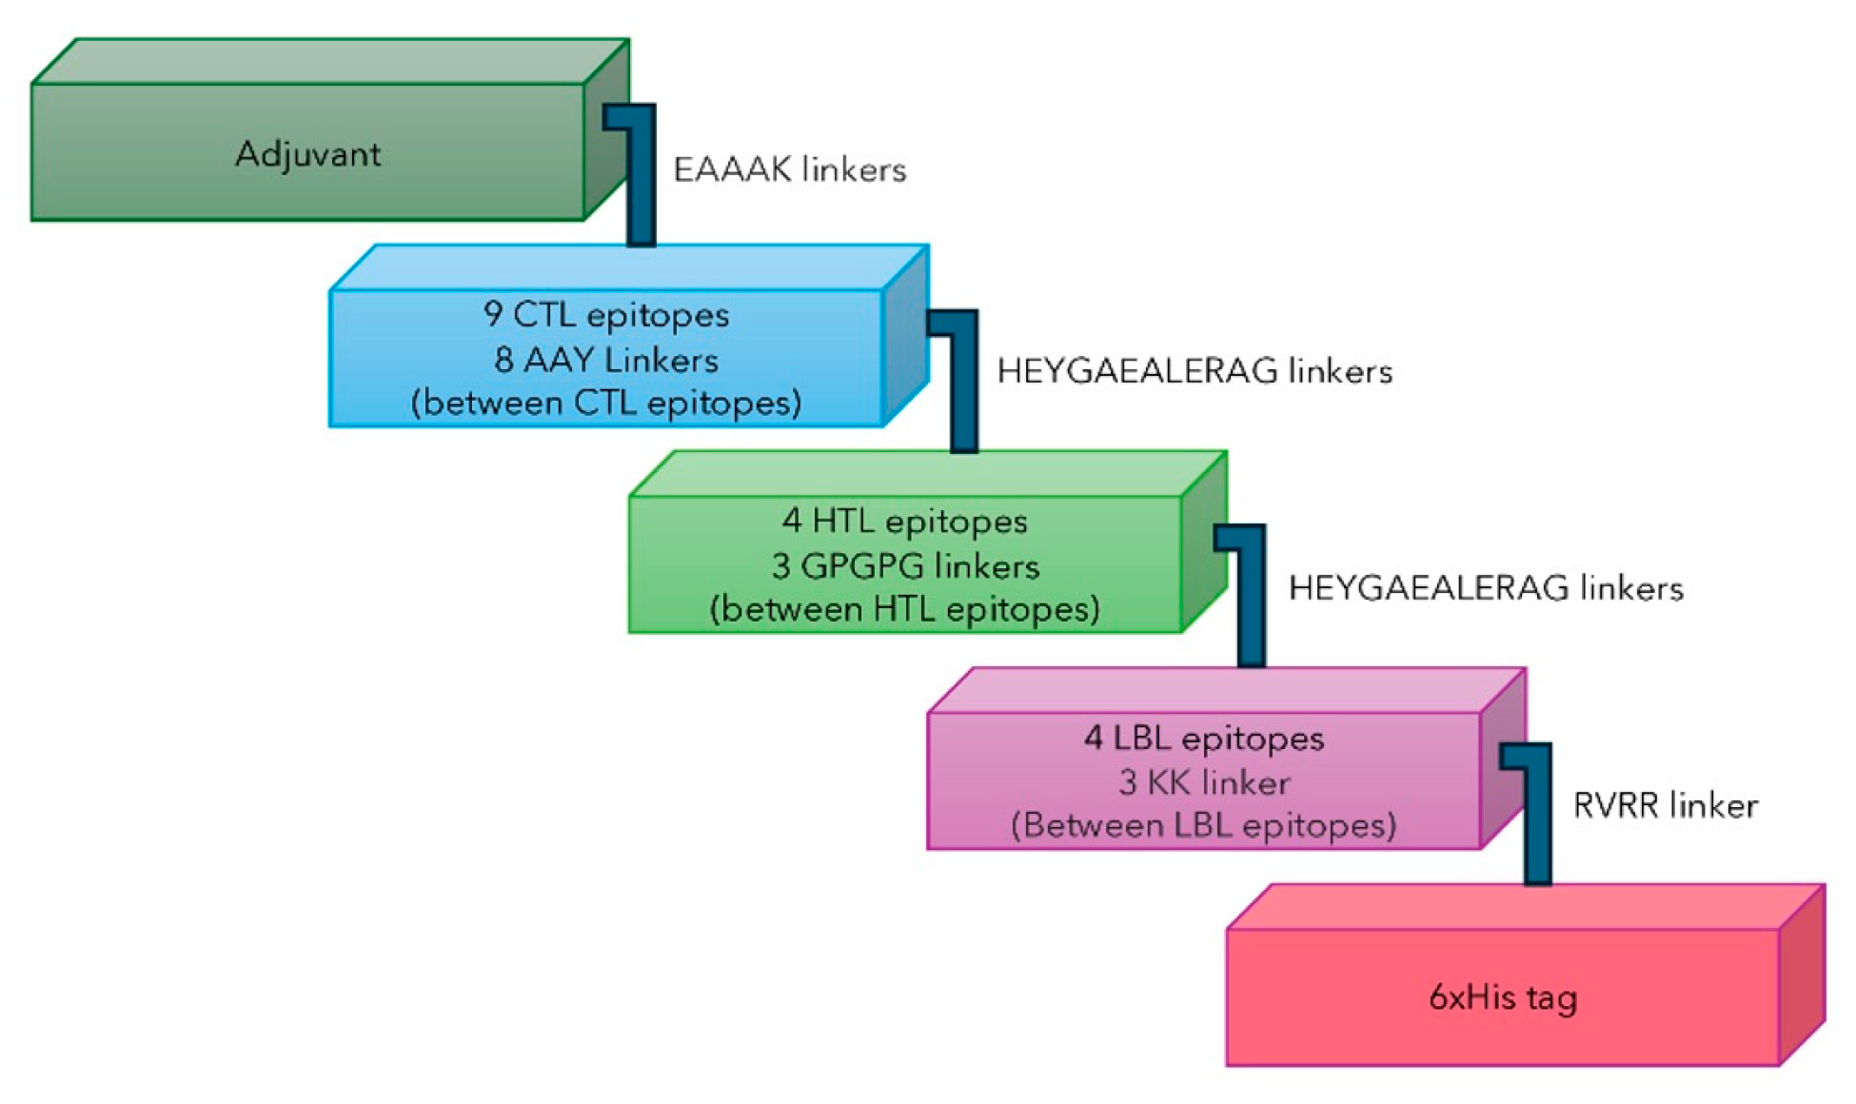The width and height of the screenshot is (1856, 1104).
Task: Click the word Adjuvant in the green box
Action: pyautogui.click(x=307, y=154)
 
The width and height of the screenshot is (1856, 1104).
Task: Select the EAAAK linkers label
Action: pyautogui.click(x=789, y=170)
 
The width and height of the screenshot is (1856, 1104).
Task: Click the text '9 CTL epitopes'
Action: pyautogui.click(x=606, y=315)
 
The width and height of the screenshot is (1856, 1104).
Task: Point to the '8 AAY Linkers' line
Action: pyautogui.click(x=606, y=360)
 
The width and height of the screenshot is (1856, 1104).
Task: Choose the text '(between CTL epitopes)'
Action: pyautogui.click(x=606, y=403)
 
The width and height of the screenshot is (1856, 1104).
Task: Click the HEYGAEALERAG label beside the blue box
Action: pyautogui.click(x=1194, y=371)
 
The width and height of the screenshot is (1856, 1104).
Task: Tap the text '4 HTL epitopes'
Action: pyautogui.click(x=905, y=522)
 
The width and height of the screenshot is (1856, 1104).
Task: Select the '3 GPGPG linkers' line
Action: pyautogui.click(x=905, y=566)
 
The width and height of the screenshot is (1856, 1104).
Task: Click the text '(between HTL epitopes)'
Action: pyautogui.click(x=905, y=609)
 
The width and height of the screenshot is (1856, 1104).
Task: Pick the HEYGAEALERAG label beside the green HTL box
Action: pyautogui.click(x=1485, y=588)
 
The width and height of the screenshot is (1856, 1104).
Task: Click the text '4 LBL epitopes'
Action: pyautogui.click(x=1204, y=739)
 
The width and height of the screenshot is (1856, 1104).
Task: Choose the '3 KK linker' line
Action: pyautogui.click(x=1204, y=782)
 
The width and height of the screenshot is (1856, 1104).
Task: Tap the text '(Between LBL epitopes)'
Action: pyautogui.click(x=1204, y=825)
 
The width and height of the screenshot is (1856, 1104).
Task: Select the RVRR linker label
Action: pyautogui.click(x=1665, y=806)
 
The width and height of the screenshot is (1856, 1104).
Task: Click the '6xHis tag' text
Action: pyautogui.click(x=1503, y=997)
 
